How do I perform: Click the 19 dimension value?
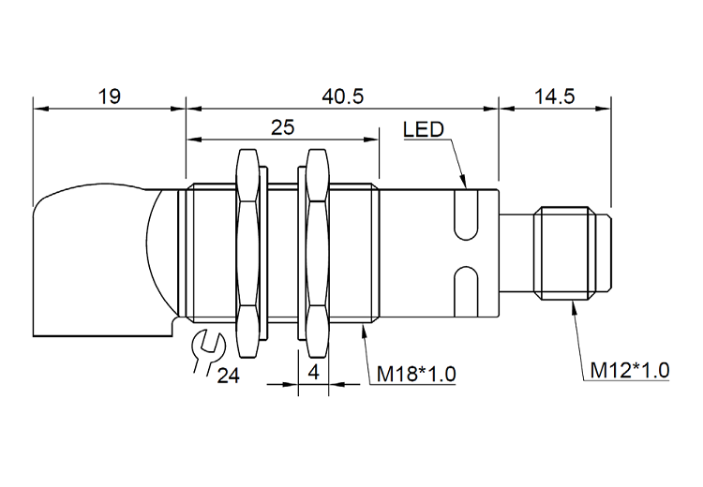110,96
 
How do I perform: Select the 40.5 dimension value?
343,96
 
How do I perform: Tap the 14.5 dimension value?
554,96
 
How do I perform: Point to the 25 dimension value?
282,127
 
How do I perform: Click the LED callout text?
424,129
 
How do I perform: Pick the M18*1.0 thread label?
416,374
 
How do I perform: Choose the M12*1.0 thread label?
630,371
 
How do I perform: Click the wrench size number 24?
228,376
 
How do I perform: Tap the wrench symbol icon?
206,351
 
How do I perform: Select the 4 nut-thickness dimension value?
314,372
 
